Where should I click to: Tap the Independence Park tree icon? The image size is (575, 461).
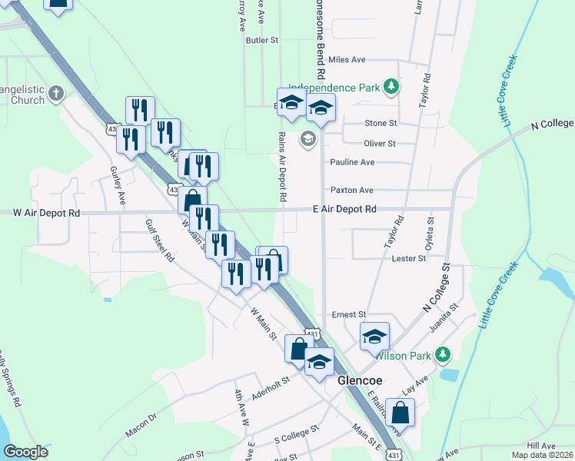pyautogui.click(x=392, y=86)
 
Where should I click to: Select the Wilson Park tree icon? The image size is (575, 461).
pyautogui.click(x=442, y=354)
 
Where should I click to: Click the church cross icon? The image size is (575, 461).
pyautogui.click(x=55, y=94)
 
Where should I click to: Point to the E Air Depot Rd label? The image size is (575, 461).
pyautogui.click(x=344, y=209)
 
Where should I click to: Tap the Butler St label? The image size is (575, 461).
pyautogui.click(x=261, y=40)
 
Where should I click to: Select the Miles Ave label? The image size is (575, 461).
pyautogui.click(x=347, y=59)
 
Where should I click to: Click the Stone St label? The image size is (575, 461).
pyautogui.click(x=381, y=123)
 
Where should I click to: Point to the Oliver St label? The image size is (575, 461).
pyautogui.click(x=380, y=143)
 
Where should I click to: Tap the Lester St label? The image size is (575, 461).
pyautogui.click(x=409, y=259)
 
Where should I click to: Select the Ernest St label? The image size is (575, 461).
pyautogui.click(x=349, y=314)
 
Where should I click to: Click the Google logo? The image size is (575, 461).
pyautogui.click(x=25, y=453)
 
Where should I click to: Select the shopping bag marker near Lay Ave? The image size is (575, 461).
pyautogui.click(x=401, y=413)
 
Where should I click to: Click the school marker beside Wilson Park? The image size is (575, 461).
pyautogui.click(x=374, y=336)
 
